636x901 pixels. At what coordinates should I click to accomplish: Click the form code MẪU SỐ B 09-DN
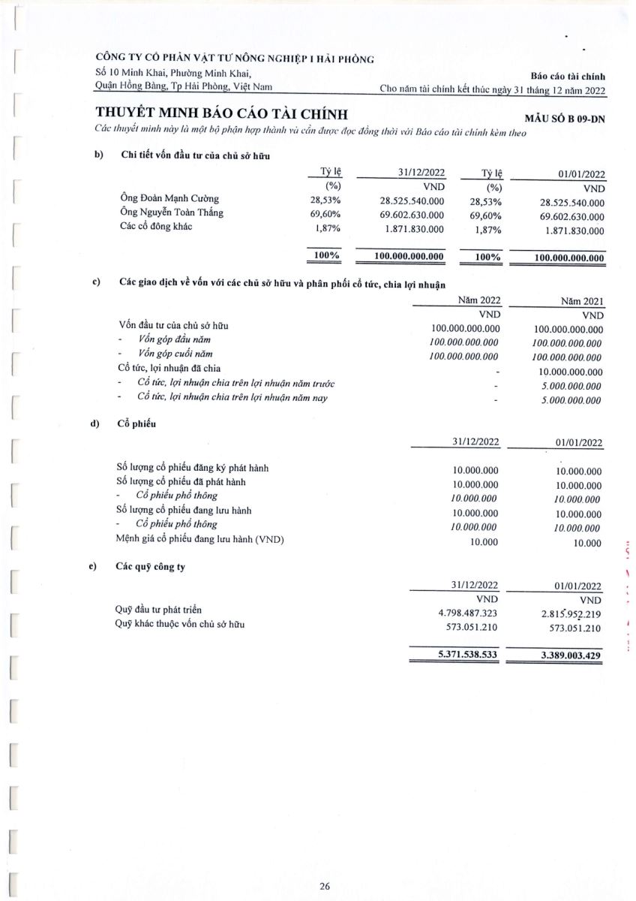pyautogui.click(x=569, y=118)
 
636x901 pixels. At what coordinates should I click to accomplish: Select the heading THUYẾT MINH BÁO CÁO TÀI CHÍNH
pyautogui.click(x=222, y=114)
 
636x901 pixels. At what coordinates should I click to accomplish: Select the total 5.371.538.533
pyautogui.click(x=467, y=655)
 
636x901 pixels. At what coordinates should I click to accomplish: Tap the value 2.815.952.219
pyautogui.click(x=570, y=614)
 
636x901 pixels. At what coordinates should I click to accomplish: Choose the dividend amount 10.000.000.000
pyautogui.click(x=570, y=372)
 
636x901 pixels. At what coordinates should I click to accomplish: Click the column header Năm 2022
pyautogui.click(x=479, y=301)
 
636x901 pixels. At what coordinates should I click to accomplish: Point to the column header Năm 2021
pyautogui.click(x=582, y=302)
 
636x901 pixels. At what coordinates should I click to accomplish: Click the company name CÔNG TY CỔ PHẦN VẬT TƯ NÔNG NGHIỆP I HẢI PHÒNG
pyautogui.click(x=234, y=59)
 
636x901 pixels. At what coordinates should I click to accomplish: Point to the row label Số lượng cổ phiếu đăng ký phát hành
pyautogui.click(x=193, y=468)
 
